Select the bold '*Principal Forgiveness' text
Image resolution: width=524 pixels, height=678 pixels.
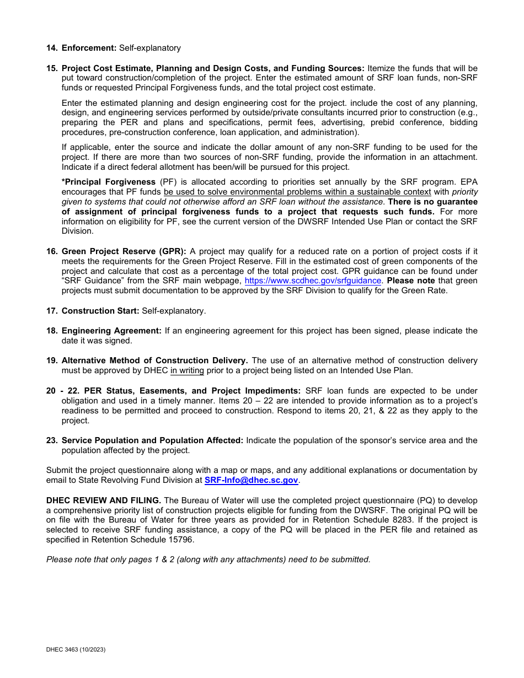pyautogui.click(x=109, y=182)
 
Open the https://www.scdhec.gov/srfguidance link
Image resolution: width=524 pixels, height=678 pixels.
pyautogui.click(x=313, y=281)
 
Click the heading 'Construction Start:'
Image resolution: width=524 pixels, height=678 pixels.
pyautogui.click(x=100, y=311)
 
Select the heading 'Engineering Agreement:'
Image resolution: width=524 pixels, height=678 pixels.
pyautogui.click(x=111, y=331)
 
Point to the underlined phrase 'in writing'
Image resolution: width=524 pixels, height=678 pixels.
pyautogui.click(x=187, y=370)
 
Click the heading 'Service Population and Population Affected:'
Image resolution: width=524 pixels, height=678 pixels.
pyautogui.click(x=152, y=440)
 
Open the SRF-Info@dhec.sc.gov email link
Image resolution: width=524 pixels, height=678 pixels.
pyautogui.click(x=251, y=480)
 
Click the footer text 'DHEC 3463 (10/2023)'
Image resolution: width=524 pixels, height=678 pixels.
pyautogui.click(x=76, y=650)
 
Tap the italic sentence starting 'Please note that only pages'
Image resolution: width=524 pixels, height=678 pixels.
pyautogui.click(x=208, y=559)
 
